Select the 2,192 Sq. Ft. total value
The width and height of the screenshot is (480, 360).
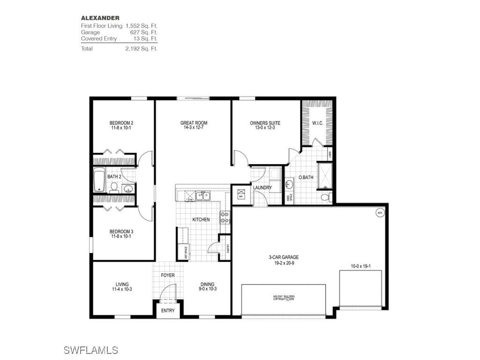[x=141, y=49]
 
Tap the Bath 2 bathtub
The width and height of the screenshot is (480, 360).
[x=99, y=180]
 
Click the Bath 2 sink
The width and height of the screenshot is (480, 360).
[x=127, y=189]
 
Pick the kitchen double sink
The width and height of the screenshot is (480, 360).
[x=203, y=196]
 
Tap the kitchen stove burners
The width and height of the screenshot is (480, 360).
[x=225, y=217]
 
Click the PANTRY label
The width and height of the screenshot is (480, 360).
[x=228, y=244]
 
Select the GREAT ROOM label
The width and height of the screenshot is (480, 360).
[x=194, y=123]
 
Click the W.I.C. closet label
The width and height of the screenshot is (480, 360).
[x=324, y=123]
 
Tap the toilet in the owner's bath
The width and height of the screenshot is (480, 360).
[x=326, y=196]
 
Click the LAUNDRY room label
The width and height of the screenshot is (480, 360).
[x=262, y=188]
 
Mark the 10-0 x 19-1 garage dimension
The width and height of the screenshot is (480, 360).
[x=361, y=266]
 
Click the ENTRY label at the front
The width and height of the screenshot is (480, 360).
[x=168, y=311]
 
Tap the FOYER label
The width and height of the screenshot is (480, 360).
[x=168, y=275]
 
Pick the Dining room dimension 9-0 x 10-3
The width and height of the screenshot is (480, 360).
[x=207, y=289]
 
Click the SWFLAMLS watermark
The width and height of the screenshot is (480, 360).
[x=90, y=350]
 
